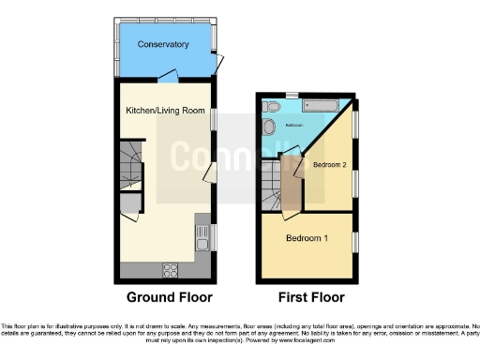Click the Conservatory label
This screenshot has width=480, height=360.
(163, 45)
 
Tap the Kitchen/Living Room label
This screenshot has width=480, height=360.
(165, 110)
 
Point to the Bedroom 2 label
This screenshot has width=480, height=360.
(330, 164)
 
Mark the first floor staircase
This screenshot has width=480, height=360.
(274, 183)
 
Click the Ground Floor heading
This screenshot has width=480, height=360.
(169, 297)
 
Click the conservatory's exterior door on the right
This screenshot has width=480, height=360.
(219, 63)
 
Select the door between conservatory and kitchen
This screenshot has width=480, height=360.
(167, 77)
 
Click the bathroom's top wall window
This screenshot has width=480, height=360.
(292, 95)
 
